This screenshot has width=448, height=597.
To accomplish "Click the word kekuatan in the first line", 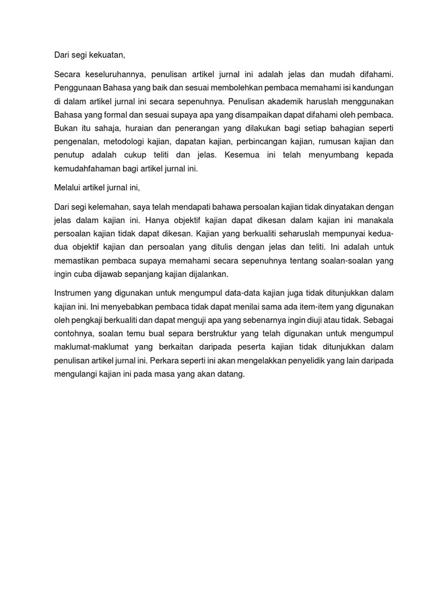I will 106,55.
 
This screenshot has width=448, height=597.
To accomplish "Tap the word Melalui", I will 66,188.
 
